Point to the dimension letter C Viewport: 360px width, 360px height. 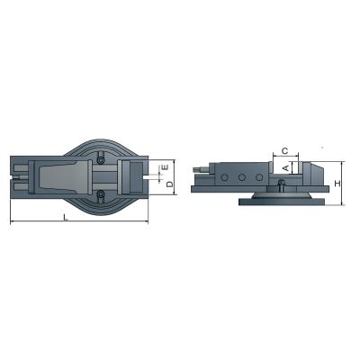283,150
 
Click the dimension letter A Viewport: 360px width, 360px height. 285,167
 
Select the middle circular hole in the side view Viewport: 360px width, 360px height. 241,176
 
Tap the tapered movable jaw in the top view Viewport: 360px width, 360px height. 63,176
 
